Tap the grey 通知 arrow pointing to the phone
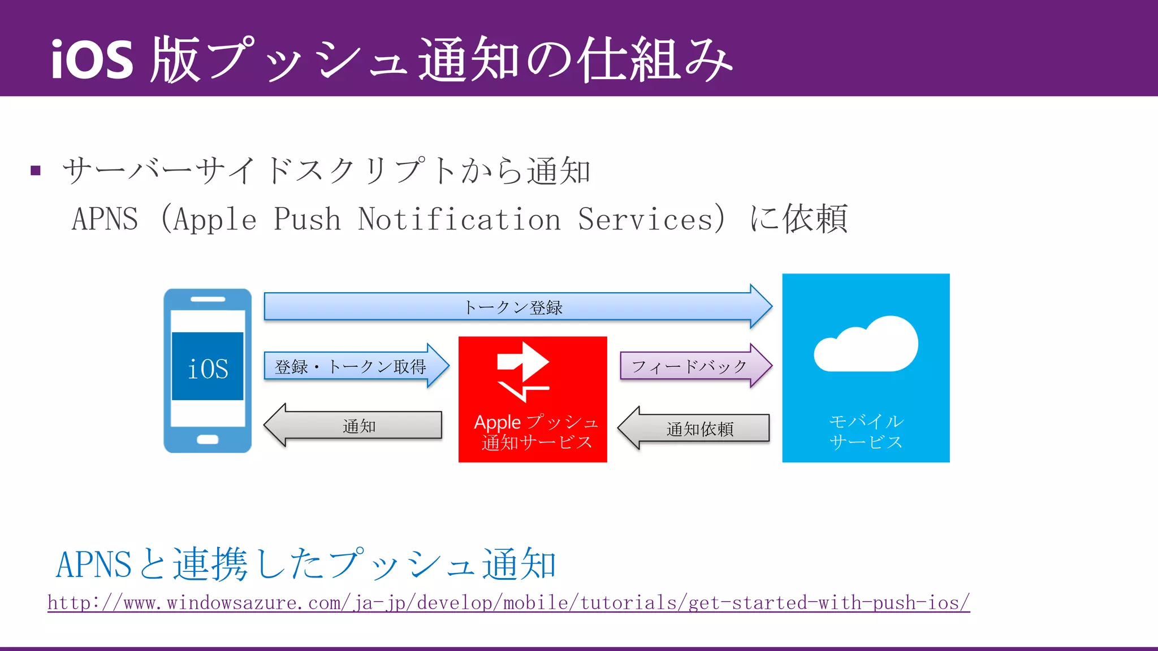pos(356,426)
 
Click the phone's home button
pos(208,440)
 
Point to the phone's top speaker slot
pos(208,299)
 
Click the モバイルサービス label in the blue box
pos(866,432)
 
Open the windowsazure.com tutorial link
pos(508,603)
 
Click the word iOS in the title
pos(92,60)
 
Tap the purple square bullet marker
pos(36,171)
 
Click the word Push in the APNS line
pos(307,219)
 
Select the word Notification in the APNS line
pos(459,219)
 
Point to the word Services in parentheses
pos(645,219)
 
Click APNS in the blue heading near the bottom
pos(94,564)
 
